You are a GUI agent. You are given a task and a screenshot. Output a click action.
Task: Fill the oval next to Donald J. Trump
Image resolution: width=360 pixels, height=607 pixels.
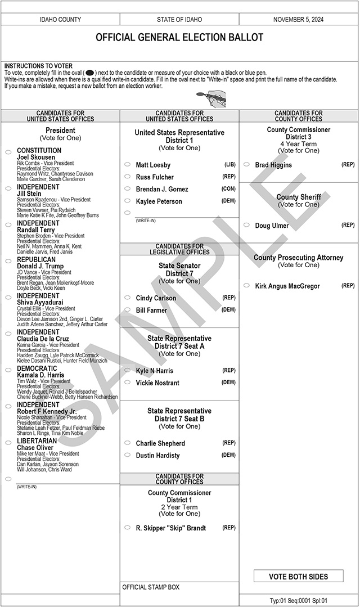coord(8,262)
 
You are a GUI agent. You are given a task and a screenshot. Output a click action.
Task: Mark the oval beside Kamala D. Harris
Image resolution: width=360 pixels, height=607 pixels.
coord(8,371)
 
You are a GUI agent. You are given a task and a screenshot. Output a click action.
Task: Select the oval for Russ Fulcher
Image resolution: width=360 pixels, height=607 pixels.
coord(127,177)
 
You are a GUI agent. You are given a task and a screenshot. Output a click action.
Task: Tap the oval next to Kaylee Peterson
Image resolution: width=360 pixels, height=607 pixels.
coord(127,201)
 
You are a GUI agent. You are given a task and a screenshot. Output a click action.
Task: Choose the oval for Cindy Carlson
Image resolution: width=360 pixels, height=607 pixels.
coord(127,298)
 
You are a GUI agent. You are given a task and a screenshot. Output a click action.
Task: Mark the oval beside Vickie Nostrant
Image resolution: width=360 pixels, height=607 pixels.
coord(127,383)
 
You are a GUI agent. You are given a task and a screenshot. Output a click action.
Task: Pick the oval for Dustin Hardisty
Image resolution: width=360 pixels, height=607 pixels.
coord(127,456)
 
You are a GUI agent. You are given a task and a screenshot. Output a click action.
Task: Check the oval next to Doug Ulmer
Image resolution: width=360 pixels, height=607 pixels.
coord(246,226)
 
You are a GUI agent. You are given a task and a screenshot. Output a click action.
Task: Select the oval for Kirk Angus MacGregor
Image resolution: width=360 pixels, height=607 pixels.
coord(246,286)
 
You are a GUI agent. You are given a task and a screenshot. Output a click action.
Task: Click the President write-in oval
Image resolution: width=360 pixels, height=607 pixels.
coord(8,479)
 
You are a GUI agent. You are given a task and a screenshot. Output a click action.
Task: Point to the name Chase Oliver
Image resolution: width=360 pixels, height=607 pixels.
coord(35,448)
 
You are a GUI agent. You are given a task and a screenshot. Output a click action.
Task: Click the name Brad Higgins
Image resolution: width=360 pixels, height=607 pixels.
coord(273,165)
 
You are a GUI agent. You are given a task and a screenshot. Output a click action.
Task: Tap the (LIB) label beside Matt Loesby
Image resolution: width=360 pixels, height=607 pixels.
coord(229,165)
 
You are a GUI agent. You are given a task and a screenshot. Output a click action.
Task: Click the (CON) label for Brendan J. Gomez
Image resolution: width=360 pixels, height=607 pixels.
coord(228,189)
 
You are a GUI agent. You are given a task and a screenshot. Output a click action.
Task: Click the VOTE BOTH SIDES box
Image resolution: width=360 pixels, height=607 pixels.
coord(298,576)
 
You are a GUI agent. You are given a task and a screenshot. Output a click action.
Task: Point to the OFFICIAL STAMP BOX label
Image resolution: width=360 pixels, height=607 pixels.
coord(151,587)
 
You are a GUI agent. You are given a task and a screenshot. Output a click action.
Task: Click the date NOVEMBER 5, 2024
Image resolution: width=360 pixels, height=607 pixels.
coord(298,20)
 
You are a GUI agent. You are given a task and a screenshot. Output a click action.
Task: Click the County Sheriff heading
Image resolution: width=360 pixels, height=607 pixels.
coord(299,197)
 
